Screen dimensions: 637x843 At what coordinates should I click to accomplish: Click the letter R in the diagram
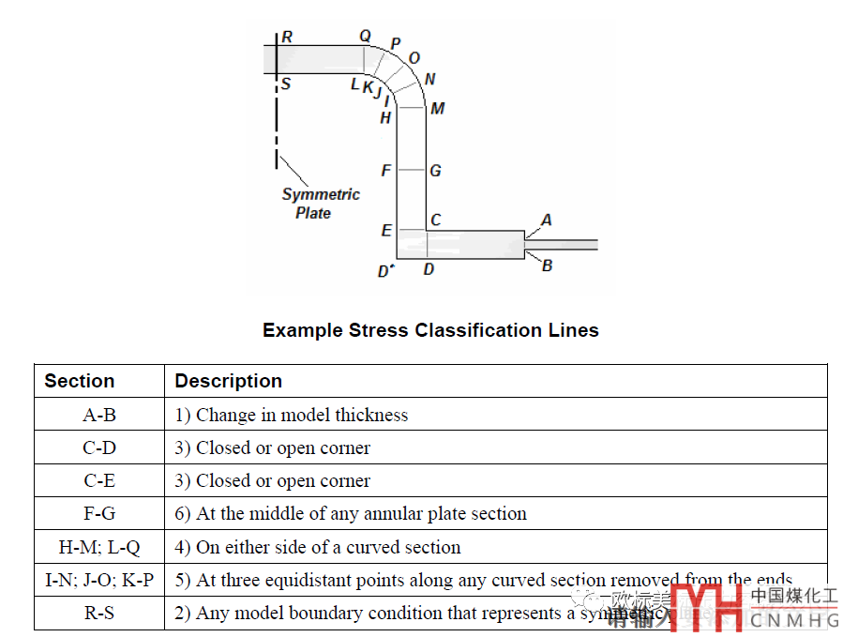(287, 38)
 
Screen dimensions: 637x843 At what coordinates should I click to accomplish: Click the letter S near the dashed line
(286, 84)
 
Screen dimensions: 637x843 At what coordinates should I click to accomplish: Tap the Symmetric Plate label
(320, 204)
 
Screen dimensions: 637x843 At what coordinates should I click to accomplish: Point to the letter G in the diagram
(435, 172)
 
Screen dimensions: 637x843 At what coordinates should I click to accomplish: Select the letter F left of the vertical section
(385, 172)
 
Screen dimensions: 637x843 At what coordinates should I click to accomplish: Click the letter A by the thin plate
(547, 220)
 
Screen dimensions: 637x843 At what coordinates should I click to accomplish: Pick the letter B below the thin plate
(547, 265)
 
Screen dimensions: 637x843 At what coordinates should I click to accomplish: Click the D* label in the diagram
(385, 272)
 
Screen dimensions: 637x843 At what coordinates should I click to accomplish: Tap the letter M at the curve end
(437, 109)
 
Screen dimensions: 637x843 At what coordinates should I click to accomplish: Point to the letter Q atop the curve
(365, 37)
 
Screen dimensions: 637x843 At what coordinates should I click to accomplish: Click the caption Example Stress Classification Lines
(430, 330)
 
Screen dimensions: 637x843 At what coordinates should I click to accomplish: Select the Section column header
(80, 381)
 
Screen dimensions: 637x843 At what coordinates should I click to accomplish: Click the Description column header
(229, 381)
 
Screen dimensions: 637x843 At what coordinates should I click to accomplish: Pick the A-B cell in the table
(99, 415)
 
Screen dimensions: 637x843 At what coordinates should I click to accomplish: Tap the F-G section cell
(99, 514)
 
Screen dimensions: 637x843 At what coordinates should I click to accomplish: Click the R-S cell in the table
(99, 614)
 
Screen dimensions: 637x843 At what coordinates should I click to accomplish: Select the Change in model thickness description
(292, 415)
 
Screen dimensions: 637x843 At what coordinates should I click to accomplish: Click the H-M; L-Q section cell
(99, 547)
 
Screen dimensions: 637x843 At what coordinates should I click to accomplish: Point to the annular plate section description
(351, 514)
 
